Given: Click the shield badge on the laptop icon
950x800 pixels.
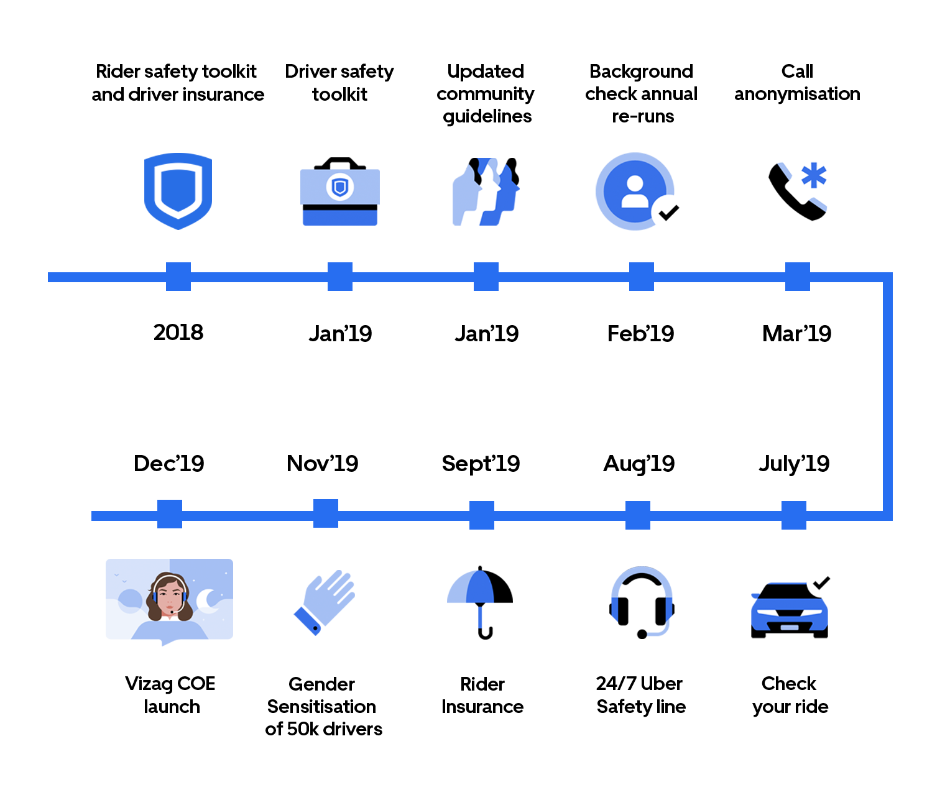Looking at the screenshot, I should coord(339,186).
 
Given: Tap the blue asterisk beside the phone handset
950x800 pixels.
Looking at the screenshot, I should coord(814,175).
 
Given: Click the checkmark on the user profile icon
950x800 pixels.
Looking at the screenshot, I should coord(669,213).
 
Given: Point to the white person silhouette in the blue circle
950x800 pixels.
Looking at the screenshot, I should coord(634,191).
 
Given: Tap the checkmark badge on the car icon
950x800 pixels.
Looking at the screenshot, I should coord(821,583).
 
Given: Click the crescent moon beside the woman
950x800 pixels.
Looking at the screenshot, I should coord(206,600).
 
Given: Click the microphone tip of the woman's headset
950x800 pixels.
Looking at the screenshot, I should coord(172,612).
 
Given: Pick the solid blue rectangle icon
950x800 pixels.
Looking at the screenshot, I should coord(178,191).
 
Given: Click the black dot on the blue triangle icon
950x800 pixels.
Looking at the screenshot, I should coord(315,628).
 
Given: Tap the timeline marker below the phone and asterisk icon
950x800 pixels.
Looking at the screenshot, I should coord(797,277).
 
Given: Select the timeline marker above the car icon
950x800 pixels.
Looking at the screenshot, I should coord(794,515).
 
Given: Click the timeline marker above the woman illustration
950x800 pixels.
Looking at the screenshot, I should coord(169,514).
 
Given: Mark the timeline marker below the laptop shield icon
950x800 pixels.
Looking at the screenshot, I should coord(340,277).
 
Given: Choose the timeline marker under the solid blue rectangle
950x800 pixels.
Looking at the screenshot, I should coord(178,277).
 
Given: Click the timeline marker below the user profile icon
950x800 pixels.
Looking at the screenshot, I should coord(641,277).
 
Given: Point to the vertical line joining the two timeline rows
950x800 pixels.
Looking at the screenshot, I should coord(887,396).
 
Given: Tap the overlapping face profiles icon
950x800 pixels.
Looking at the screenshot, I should coord(486,191).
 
